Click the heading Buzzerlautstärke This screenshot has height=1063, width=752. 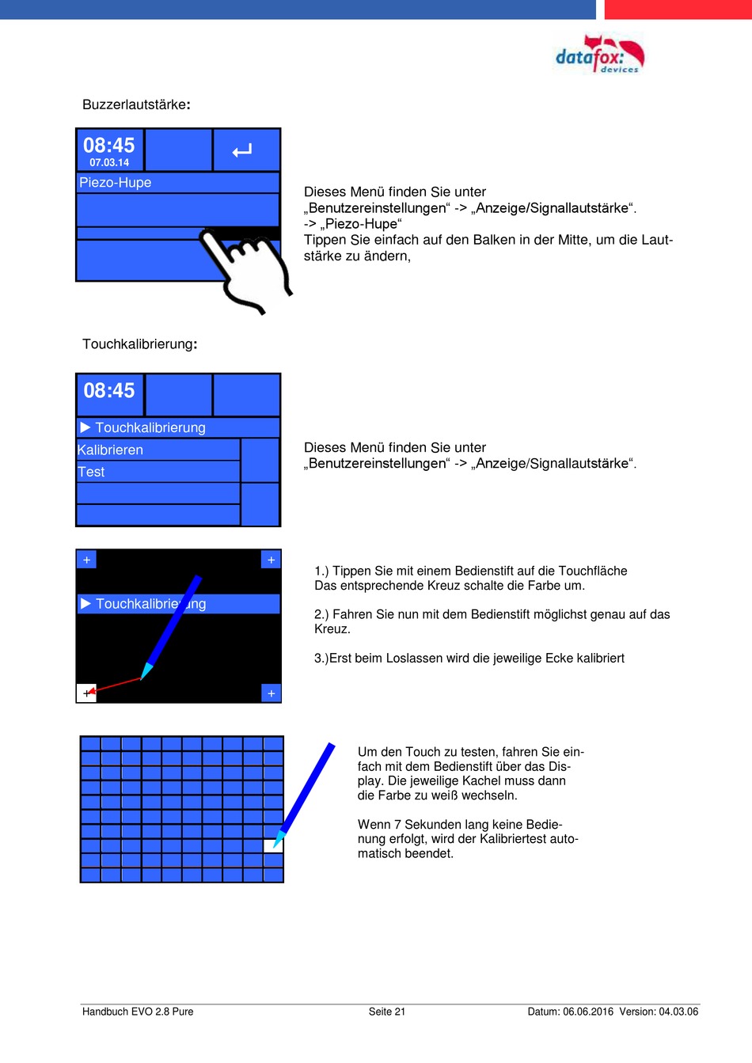[x=136, y=105]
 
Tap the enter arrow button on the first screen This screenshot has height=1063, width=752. [x=243, y=150]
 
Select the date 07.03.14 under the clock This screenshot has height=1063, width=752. [x=109, y=162]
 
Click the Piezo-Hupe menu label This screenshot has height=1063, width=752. [x=116, y=183]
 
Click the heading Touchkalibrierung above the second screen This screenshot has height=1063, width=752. [x=139, y=344]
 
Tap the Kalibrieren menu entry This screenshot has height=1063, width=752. [x=111, y=450]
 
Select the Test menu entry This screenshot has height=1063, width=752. [x=92, y=473]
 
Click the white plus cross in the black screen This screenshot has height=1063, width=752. [x=86, y=693]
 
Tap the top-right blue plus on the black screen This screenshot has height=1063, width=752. [x=271, y=560]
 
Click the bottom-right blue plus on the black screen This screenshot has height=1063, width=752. [x=271, y=693]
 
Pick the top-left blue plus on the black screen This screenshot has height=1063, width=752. [x=86, y=560]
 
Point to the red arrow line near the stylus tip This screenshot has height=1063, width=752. [x=117, y=684]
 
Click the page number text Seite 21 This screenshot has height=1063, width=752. [x=387, y=1012]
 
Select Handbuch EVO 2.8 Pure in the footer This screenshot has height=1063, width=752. [x=138, y=1012]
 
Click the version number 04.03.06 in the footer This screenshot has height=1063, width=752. [x=678, y=1012]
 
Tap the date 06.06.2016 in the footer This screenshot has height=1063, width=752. [x=588, y=1012]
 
